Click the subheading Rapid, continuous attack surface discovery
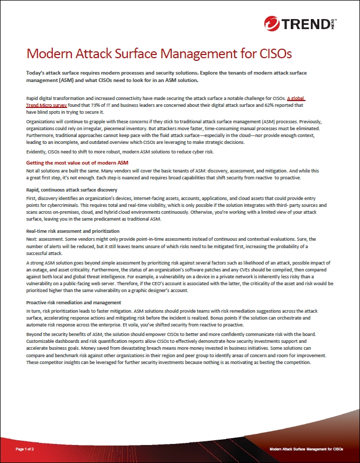pyautogui.click(x=71, y=189)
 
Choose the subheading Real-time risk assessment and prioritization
pyautogui.click(x=72, y=231)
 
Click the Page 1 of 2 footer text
pyautogui.click(x=25, y=449)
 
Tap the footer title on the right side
pyautogui.click(x=306, y=449)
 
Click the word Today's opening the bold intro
pyautogui.click(x=37, y=72)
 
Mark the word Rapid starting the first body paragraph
pyautogui.click(x=33, y=98)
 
